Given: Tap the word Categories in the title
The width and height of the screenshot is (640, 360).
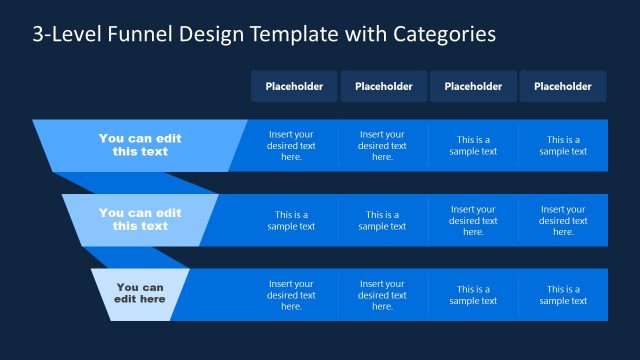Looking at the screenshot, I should click(442, 35).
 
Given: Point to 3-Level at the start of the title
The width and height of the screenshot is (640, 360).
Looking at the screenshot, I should click(66, 35).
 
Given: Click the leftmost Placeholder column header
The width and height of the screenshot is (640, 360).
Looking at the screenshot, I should click(294, 86).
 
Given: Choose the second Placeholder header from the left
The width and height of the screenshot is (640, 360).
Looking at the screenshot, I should click(383, 86).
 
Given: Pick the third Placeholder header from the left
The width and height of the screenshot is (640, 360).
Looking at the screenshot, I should click(473, 86).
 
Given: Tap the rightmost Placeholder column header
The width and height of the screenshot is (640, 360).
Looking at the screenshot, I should click(562, 86).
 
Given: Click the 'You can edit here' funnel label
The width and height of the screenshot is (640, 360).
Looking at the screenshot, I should click(140, 293).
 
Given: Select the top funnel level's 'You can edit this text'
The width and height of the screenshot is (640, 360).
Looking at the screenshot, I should click(140, 145).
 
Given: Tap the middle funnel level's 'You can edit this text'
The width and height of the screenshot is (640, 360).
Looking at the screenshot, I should click(140, 219).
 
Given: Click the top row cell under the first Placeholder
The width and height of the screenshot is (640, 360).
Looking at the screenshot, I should click(291, 145).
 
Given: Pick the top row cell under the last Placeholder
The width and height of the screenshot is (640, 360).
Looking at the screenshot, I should click(563, 146).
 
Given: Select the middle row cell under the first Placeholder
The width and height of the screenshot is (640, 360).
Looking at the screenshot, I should click(291, 220).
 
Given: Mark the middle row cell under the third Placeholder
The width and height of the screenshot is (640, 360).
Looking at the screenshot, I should click(473, 220).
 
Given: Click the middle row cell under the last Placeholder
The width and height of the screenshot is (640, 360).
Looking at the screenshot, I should click(563, 220).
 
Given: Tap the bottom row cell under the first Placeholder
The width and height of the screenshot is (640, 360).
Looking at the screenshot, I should click(291, 295).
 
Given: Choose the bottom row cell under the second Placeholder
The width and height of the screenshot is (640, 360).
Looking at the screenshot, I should click(382, 295).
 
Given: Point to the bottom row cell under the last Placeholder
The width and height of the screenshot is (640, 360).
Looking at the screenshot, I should click(563, 295).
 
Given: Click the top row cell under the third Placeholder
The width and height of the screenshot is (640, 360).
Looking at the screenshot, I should click(473, 146).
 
